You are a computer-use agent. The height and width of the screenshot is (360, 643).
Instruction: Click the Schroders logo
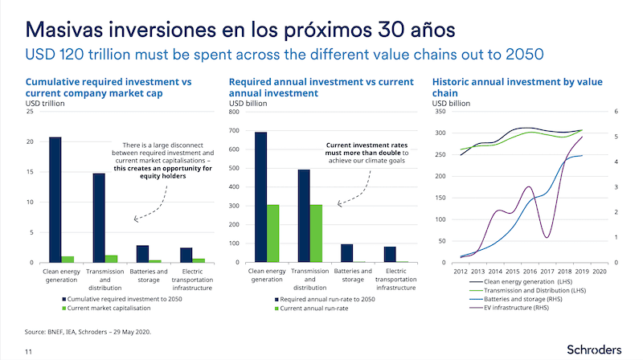pyautogui.click(x=593, y=350)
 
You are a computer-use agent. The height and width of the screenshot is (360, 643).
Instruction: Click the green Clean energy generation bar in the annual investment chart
pyautogui.click(x=272, y=233)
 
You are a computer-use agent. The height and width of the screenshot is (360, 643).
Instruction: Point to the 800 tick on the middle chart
pyautogui.click(x=235, y=111)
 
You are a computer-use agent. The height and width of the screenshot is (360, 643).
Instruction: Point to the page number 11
pyautogui.click(x=28, y=351)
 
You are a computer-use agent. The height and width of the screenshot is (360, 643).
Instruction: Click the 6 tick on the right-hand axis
pyautogui.click(x=615, y=111)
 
